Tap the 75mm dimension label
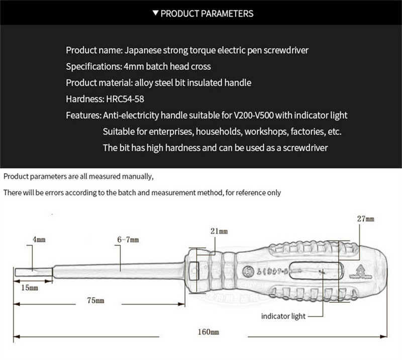click(95, 300)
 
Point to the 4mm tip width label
click(39, 240)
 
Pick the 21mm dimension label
click(220, 231)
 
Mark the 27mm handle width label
click(366, 220)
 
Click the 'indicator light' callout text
click(283, 316)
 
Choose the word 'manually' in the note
click(136, 176)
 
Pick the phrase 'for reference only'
click(253, 193)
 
